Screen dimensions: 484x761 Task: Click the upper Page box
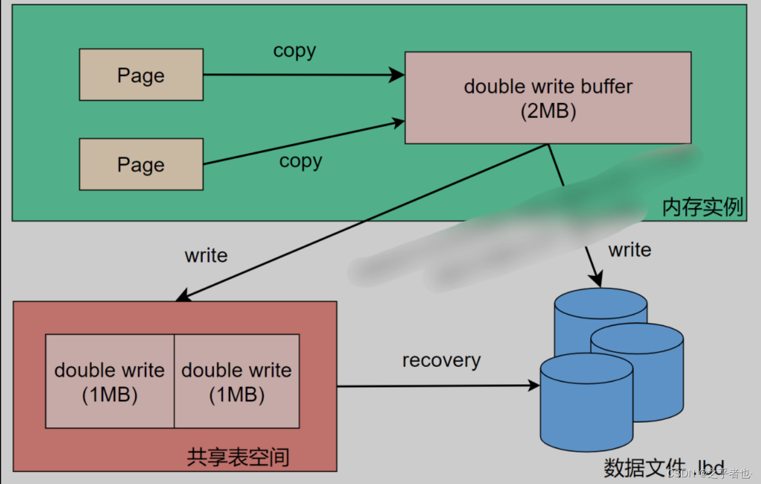tap(141, 75)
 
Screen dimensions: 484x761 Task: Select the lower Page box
tap(141, 164)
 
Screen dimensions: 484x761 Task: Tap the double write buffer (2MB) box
tap(548, 98)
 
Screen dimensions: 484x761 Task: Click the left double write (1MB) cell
tap(110, 382)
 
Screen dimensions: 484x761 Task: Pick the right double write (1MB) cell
tap(237, 382)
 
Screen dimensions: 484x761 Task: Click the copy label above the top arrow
tap(295, 51)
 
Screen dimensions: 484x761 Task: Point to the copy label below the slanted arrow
tap(301, 162)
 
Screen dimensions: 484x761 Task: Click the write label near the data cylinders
tap(629, 250)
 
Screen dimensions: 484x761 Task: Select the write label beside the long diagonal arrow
tap(206, 256)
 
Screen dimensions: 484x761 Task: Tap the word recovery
tap(441, 360)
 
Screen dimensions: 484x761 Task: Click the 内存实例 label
tap(703, 208)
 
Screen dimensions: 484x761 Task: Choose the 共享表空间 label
tap(238, 456)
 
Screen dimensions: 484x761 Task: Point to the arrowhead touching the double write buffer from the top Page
tap(398, 75)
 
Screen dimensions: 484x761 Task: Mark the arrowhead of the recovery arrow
tap(533, 386)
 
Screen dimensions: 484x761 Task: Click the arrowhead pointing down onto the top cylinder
tap(596, 280)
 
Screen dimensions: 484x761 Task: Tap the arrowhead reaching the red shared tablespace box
tap(182, 296)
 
